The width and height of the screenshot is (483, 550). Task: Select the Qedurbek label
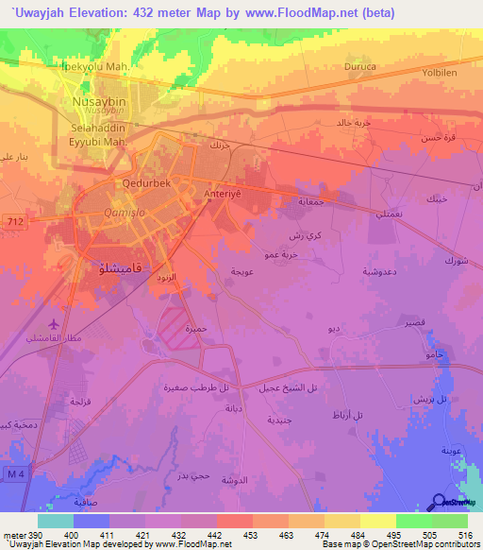click(x=144, y=185)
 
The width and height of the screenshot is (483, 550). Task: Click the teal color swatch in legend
click(x=56, y=521)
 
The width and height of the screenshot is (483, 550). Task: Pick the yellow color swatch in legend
click(x=377, y=521)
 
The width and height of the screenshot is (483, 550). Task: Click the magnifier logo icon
click(x=441, y=502)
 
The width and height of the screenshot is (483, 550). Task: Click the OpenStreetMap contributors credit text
click(x=424, y=544)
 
